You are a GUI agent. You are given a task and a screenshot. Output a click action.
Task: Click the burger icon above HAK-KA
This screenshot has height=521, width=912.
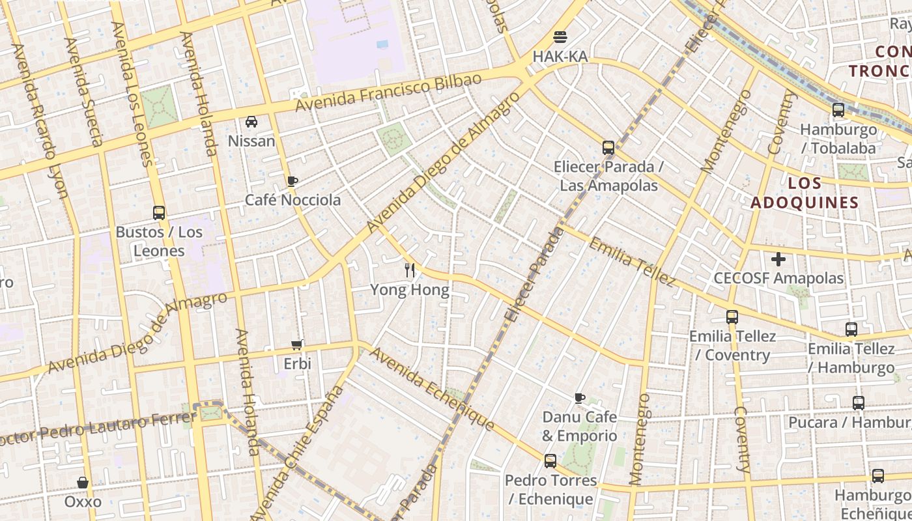(560, 36)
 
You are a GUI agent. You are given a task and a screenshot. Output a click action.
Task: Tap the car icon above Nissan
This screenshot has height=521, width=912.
(251, 121)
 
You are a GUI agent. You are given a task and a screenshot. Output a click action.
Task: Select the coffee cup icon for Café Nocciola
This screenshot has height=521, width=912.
(292, 180)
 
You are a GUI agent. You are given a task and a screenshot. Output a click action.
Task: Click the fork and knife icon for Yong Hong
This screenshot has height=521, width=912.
(410, 270)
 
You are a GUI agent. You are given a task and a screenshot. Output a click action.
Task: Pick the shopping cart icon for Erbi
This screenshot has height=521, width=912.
(297, 345)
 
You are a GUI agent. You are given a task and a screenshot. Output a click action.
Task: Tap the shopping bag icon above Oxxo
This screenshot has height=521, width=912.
(83, 483)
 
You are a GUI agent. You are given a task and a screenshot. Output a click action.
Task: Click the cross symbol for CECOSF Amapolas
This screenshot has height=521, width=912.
(778, 259)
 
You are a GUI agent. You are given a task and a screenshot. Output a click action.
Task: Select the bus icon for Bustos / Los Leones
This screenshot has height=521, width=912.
(159, 212)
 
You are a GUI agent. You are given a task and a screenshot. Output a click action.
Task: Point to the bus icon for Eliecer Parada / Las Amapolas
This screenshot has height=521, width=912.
(608, 147)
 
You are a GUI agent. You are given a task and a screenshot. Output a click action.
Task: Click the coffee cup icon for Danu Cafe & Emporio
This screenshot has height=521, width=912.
(580, 397)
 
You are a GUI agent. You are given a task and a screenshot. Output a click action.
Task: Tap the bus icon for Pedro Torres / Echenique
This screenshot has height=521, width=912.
(550, 461)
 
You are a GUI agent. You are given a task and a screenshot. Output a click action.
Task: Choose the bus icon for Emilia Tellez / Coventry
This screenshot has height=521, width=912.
(733, 317)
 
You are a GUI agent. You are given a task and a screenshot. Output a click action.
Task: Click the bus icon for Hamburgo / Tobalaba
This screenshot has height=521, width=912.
(838, 110)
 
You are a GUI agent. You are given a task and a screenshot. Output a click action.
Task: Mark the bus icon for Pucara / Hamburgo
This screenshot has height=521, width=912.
(859, 403)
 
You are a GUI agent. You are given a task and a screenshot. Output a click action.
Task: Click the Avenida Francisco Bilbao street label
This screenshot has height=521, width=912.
(389, 92)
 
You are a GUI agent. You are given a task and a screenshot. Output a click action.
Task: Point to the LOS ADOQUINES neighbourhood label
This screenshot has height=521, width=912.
(805, 193)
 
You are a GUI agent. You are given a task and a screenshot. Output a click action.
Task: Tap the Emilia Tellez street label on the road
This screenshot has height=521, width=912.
(631, 262)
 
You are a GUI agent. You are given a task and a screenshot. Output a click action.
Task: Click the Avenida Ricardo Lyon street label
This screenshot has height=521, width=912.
(40, 121)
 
